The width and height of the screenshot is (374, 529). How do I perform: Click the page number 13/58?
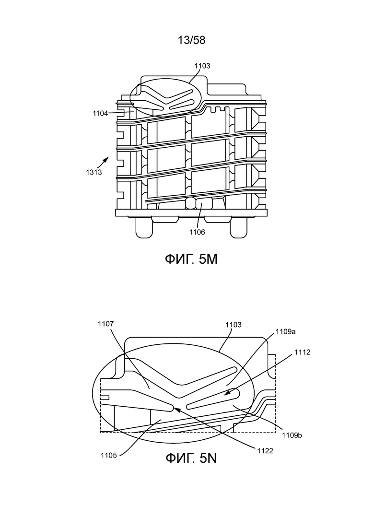pyautogui.click(x=191, y=40)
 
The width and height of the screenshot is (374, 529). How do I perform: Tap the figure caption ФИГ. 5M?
pyautogui.click(x=191, y=259)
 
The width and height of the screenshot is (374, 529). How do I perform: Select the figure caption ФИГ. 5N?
pyautogui.click(x=191, y=458)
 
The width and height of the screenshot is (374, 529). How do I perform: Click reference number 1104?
pyautogui.click(x=101, y=113)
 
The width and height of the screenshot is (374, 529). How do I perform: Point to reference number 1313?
pyautogui.click(x=94, y=172)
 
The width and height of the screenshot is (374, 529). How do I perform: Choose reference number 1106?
pyautogui.click(x=197, y=232)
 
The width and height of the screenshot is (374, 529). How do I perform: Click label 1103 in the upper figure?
pyautogui.click(x=202, y=66)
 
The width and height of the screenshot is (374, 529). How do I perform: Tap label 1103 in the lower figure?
pyautogui.click(x=234, y=325)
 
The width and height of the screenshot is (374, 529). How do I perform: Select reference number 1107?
pyautogui.click(x=106, y=324)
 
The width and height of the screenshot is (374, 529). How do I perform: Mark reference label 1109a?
pyautogui.click(x=286, y=331)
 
